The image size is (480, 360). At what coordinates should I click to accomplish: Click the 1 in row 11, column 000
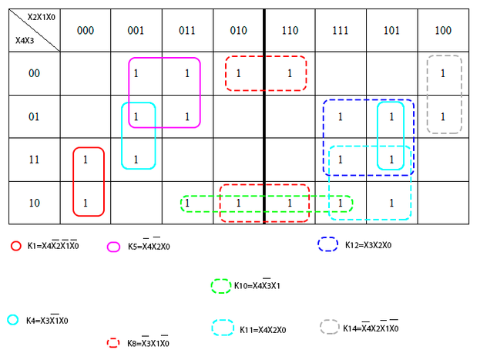pos(86,160)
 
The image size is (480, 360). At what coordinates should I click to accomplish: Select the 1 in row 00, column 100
pos(442,73)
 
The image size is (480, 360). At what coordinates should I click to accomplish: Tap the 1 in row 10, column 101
pos(391,204)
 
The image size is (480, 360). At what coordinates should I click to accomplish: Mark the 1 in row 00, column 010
pos(239,73)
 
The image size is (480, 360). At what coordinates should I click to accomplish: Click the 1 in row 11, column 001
pos(136,160)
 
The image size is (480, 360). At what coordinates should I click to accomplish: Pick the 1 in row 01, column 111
pos(341,117)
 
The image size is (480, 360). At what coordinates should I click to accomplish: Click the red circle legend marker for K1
pos(15,246)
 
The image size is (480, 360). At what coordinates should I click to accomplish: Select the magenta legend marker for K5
pos(113,247)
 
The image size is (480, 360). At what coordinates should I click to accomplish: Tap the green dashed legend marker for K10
pos(221,286)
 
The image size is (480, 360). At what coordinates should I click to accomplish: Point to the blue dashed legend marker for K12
pos(329,244)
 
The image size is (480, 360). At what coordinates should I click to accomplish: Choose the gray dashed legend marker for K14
pos(330,327)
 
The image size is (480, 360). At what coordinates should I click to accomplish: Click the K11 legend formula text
pos(263,330)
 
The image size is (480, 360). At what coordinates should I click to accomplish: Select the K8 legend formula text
pos(148,342)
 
